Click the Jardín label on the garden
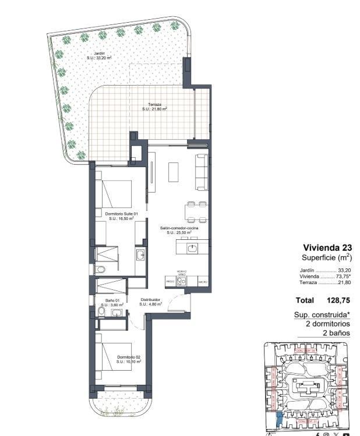[99, 55]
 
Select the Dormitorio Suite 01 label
[122, 216]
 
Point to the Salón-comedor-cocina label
[179, 231]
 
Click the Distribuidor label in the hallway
[150, 302]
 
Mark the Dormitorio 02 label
[129, 359]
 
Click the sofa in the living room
[202, 171]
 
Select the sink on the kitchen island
[192, 249]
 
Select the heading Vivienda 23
[327, 247]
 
